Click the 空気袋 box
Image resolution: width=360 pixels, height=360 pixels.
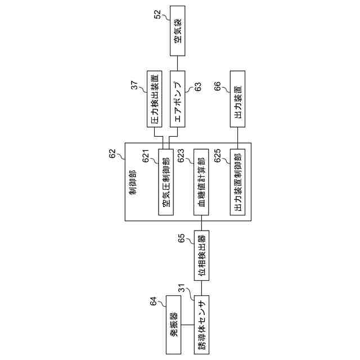point(177,30)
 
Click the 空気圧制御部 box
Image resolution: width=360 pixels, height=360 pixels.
point(166,182)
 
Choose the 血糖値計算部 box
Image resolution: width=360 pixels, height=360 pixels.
point(201,182)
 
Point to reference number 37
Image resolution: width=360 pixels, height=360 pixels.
point(135,84)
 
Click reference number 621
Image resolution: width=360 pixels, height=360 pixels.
point(145,159)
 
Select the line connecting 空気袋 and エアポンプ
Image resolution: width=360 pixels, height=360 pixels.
point(177,64)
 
